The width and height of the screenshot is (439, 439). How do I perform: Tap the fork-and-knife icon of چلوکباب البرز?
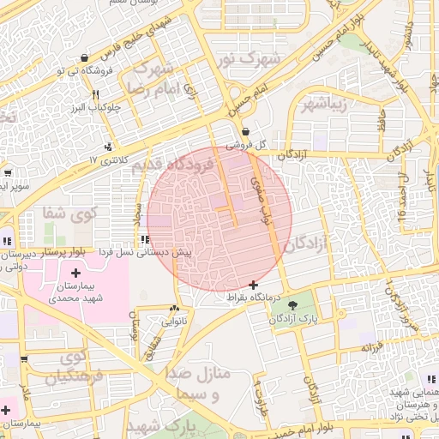pos(95,95)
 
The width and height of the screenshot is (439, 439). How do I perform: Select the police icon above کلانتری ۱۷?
pos(108,147)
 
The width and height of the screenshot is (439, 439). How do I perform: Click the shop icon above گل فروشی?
pos(246,132)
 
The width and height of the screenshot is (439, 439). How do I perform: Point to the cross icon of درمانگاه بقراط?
pos(252,284)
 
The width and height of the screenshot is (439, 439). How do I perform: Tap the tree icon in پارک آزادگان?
pos(292,304)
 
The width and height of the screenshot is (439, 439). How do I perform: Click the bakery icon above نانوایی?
pos(175,309)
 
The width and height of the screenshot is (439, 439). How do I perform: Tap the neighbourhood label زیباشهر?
pos(325,105)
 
